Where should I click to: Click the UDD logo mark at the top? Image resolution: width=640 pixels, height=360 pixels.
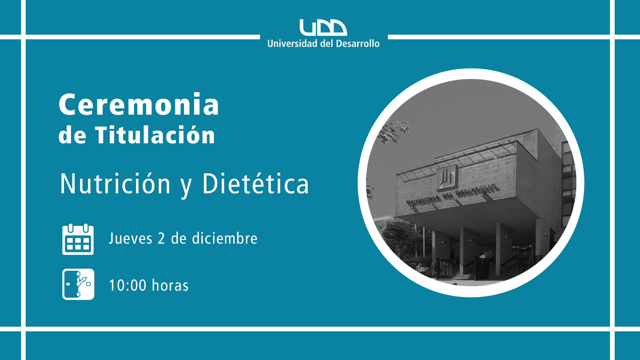pyautogui.click(x=323, y=27)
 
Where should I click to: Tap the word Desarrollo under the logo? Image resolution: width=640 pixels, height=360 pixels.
pyautogui.click(x=358, y=44)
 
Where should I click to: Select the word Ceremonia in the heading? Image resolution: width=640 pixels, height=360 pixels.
pyautogui.click(x=139, y=105)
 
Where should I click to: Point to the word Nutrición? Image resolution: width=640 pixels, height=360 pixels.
pyautogui.click(x=115, y=184)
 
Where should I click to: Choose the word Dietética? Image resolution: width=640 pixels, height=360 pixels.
pyautogui.click(x=256, y=184)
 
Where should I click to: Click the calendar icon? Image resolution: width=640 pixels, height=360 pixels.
pyautogui.click(x=78, y=239)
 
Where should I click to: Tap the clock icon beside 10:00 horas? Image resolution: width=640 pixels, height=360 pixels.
pyautogui.click(x=78, y=284)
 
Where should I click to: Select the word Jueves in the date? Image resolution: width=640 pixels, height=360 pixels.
pyautogui.click(x=131, y=239)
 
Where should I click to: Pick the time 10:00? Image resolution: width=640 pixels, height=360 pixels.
pyautogui.click(x=128, y=286)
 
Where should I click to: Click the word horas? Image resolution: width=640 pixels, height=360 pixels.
pyautogui.click(x=170, y=286)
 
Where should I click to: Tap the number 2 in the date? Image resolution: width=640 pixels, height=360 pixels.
pyautogui.click(x=161, y=239)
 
